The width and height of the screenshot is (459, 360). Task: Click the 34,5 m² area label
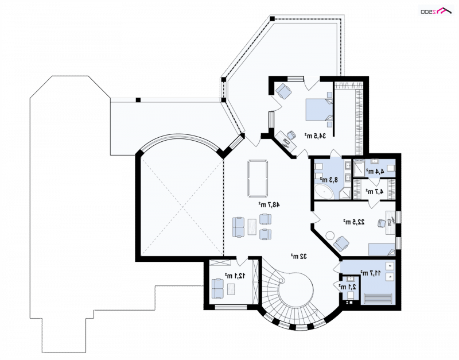click(315, 136)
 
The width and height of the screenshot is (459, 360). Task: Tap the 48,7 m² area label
click(269, 204)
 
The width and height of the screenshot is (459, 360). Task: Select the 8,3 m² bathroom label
click(329, 179)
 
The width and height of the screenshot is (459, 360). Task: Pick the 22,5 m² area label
click(354, 222)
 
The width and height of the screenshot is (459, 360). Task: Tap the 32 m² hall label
click(298, 256)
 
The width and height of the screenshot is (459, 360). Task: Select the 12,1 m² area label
click(235, 276)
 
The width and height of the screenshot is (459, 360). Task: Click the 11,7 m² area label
click(370, 273)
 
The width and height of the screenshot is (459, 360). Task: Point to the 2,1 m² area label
click(347, 287)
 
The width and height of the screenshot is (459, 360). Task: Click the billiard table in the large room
click(258, 179)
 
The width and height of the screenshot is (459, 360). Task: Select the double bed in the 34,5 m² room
click(320, 110)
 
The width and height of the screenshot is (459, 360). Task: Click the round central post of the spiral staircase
click(282, 281)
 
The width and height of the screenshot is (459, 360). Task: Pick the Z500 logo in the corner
click(436, 11)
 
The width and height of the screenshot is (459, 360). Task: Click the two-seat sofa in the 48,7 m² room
click(238, 227)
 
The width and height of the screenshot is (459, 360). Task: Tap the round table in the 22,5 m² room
click(330, 235)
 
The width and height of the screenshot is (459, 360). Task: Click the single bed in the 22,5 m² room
click(382, 249)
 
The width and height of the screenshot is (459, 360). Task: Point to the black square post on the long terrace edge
click(138, 100)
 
